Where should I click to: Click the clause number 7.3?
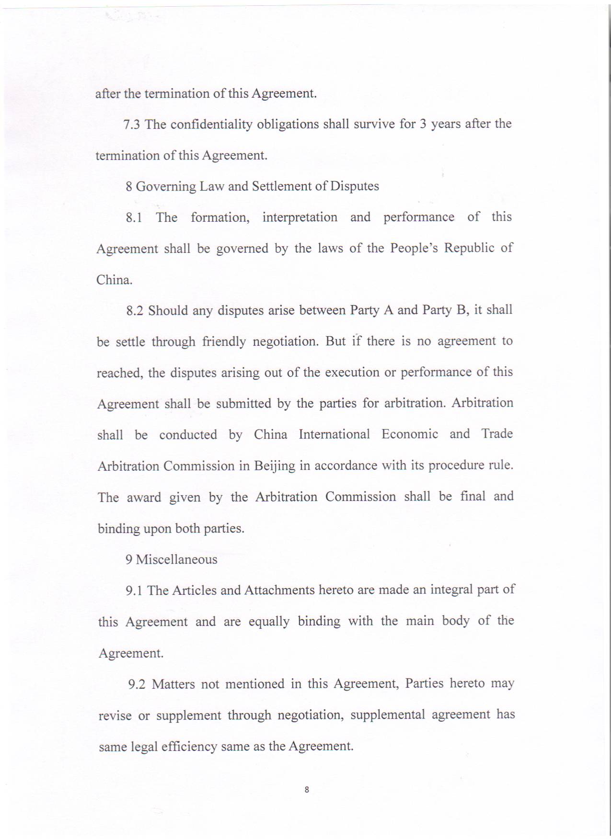tap(131, 125)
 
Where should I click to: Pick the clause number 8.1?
tap(134, 217)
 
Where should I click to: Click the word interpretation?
tap(300, 217)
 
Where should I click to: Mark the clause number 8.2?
tap(135, 310)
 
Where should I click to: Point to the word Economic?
tap(410, 434)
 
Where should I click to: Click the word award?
tap(144, 497)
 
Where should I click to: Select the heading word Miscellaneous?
tap(176, 559)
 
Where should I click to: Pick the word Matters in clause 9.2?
tap(173, 684)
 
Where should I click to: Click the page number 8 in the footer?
tap(307, 789)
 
